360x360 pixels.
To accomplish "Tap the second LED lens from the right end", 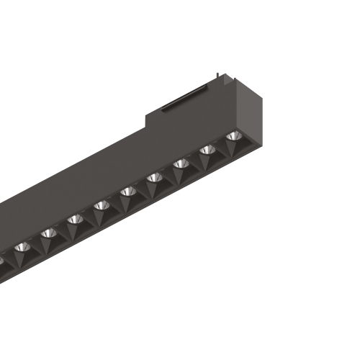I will pyautogui.click(x=207, y=150).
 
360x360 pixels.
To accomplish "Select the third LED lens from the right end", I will pyautogui.click(x=181, y=164).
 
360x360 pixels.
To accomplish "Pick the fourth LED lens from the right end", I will pyautogui.click(x=155, y=178).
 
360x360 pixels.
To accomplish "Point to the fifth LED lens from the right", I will pyautogui.click(x=128, y=192).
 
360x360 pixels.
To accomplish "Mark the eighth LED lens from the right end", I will pyautogui.click(x=49, y=233).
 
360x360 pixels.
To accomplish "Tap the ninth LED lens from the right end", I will pyautogui.click(x=22, y=247).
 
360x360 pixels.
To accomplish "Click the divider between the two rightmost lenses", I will pyautogui.click(x=220, y=147).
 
